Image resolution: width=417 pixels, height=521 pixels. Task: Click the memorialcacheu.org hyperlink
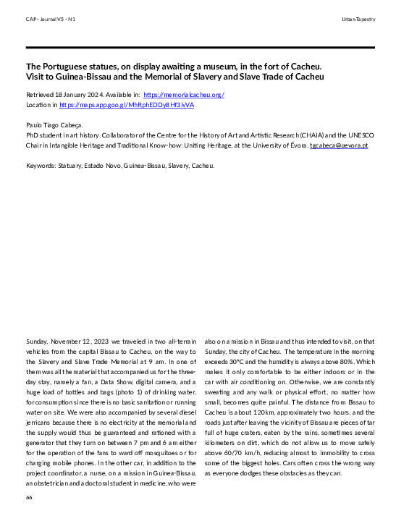(185, 94)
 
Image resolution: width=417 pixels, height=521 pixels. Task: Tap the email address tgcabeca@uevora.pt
(339, 145)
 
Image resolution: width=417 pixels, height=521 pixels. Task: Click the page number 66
(29, 497)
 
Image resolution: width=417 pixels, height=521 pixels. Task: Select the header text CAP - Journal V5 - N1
(50, 19)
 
